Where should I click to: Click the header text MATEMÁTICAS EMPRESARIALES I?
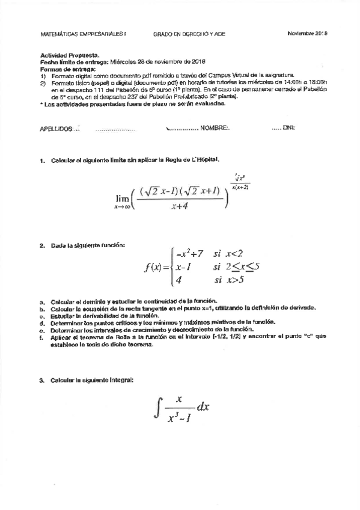tap(84, 35)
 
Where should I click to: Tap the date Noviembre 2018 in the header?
tap(311, 34)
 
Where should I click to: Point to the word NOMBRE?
tap(215, 128)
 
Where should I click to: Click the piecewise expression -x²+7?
tap(191, 254)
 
